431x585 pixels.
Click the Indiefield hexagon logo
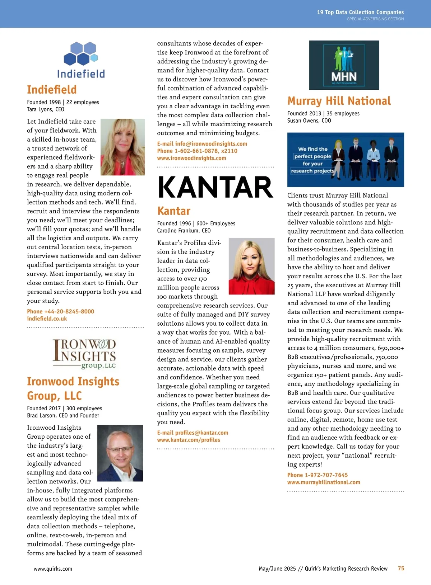pos(81,60)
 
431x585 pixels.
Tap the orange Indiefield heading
pos(52,90)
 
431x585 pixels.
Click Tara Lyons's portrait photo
pos(122,147)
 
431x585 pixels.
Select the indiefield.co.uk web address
pos(47,319)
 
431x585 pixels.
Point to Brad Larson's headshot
pos(120,453)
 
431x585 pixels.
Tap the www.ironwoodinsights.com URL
pos(191,158)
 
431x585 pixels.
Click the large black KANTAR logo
pos(215,188)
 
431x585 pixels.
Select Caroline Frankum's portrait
pos(251,266)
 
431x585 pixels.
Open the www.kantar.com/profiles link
pos(189,440)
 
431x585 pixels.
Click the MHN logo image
pos(344,65)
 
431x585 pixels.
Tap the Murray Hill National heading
pos(339,101)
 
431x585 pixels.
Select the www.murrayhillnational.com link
pos(324,482)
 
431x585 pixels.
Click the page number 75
pos(401,569)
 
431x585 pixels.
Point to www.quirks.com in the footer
pos(53,569)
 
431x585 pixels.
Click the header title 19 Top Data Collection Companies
pos(360,12)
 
